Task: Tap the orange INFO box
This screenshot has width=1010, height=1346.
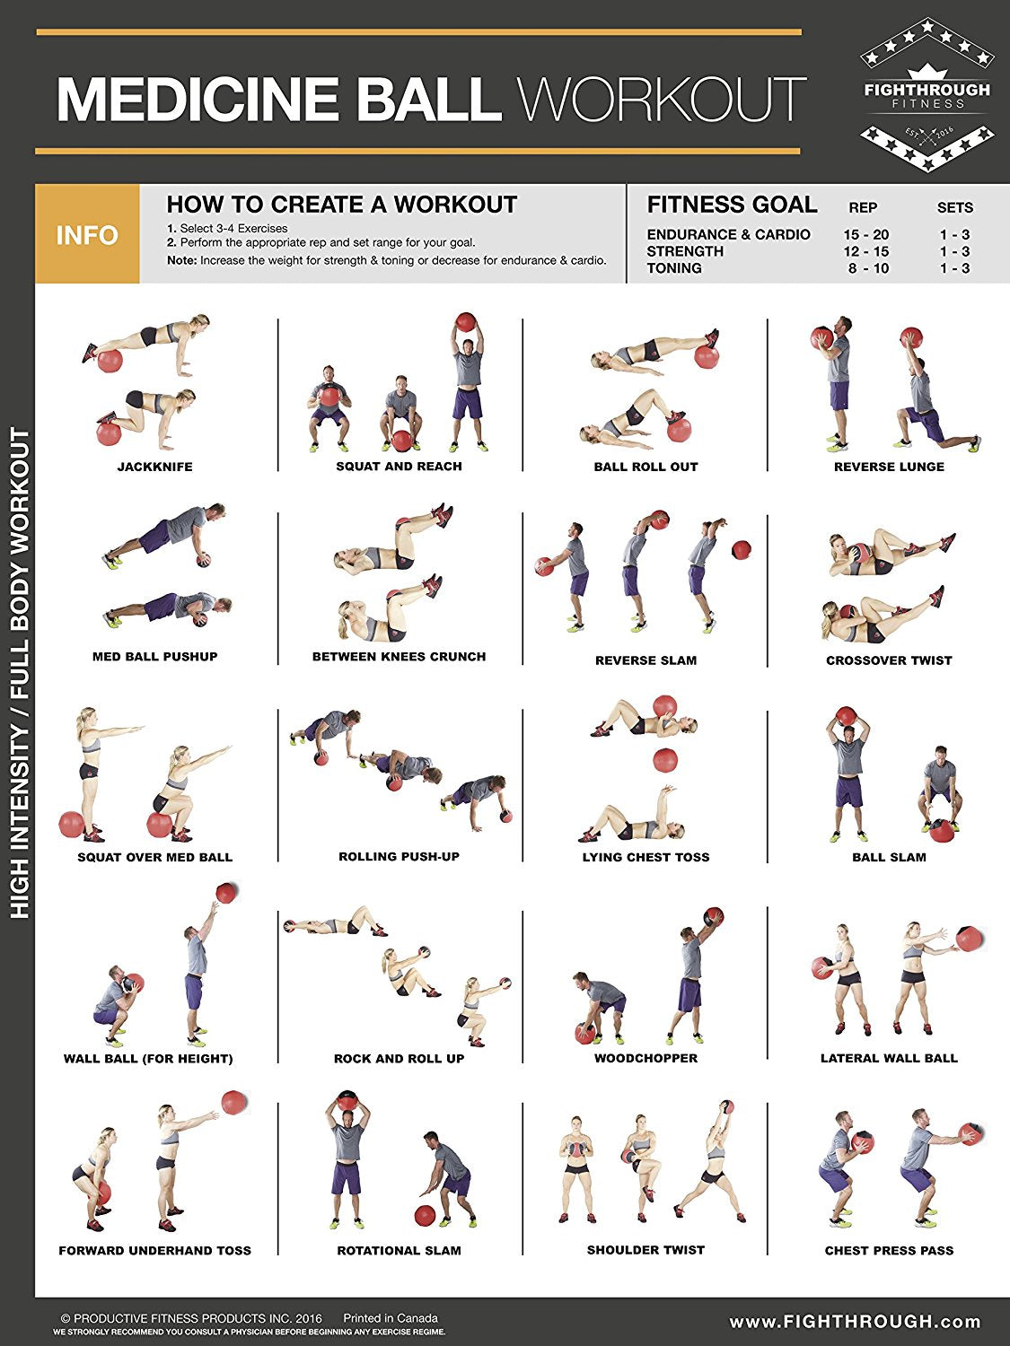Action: point(87,235)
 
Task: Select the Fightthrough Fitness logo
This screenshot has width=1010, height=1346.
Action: point(927,94)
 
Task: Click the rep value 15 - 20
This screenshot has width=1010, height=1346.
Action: point(865,234)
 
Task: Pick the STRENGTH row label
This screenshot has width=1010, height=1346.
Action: point(685,251)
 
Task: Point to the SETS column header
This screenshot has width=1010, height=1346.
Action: point(954,207)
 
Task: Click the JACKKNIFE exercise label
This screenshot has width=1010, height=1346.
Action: point(154,467)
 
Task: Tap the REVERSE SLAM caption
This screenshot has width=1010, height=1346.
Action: point(646,660)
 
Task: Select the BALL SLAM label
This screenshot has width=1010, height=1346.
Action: point(889,857)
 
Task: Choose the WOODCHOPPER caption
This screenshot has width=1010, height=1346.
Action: point(646,1058)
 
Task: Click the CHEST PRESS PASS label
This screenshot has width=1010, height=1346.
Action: point(889,1250)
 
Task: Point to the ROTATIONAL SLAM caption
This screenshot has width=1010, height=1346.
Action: point(399,1250)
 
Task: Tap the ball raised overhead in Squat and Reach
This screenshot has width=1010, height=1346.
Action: point(465,323)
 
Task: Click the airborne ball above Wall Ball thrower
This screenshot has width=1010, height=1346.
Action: point(226,893)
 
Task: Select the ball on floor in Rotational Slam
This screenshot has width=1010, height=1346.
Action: point(425,1216)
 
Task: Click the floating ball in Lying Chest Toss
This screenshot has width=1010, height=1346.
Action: point(664,760)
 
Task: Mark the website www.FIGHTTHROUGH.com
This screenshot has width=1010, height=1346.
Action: point(855,1322)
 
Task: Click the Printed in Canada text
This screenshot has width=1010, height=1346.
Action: point(390,1318)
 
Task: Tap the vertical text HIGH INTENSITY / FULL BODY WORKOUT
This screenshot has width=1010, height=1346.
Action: point(20,673)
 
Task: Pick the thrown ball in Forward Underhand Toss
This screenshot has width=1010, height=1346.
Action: point(233,1102)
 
